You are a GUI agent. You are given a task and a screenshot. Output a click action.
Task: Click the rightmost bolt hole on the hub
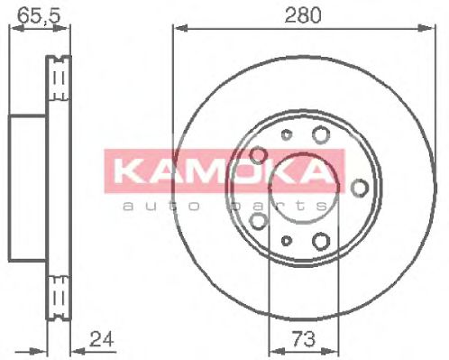pos(360,187)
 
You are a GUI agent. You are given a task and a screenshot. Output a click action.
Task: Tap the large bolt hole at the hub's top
pos(320,136)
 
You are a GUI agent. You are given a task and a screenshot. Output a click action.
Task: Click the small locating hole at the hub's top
pos(286,136)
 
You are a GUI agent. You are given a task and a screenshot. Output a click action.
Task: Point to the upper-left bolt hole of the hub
pos(258,155)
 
